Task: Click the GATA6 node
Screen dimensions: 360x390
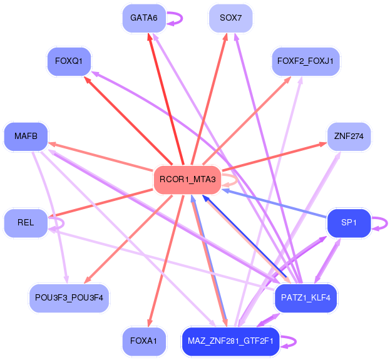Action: pyautogui.click(x=143, y=18)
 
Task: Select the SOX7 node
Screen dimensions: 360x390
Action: pyautogui.click(x=230, y=18)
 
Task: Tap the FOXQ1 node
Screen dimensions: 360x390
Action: pyautogui.click(x=69, y=61)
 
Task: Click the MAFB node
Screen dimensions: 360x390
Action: pyautogui.click(x=26, y=136)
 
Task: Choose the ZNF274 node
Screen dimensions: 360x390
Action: pyautogui.click(x=349, y=136)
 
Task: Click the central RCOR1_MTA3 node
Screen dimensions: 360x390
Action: pyautogui.click(x=187, y=180)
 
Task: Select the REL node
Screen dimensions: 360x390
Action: pyautogui.click(x=26, y=223)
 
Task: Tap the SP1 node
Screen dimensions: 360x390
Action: pyautogui.click(x=349, y=223)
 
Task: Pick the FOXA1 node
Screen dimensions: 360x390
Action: pyautogui.click(x=143, y=341)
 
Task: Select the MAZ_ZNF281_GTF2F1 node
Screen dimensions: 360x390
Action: pyautogui.click(x=230, y=341)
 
